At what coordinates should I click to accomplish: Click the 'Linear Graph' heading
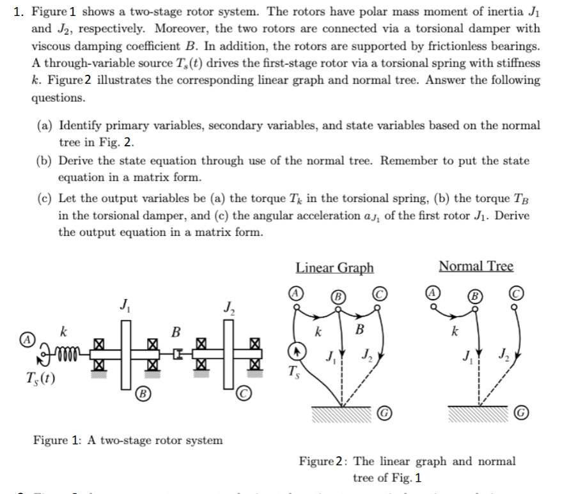pos(334,267)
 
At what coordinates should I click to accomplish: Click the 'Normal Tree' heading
pos(476,266)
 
